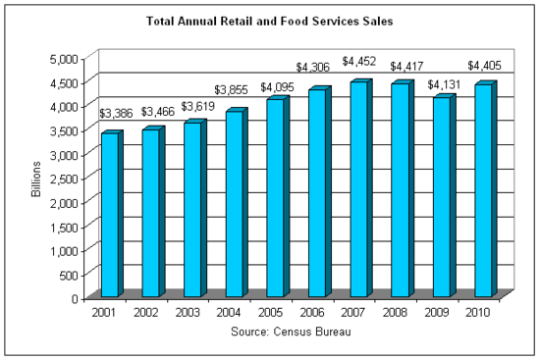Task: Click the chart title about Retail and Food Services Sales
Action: coord(270,20)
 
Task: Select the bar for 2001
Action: coord(110,216)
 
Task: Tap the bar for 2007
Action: coord(358,190)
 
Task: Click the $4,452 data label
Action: coord(359,62)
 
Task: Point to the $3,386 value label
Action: coord(117,113)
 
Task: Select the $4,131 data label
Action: coord(442,77)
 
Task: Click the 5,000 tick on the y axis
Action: coord(67,61)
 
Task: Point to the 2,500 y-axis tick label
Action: coord(67,179)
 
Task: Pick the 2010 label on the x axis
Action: coord(478,312)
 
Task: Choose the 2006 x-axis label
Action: coord(312,312)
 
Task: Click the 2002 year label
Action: coord(147,312)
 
